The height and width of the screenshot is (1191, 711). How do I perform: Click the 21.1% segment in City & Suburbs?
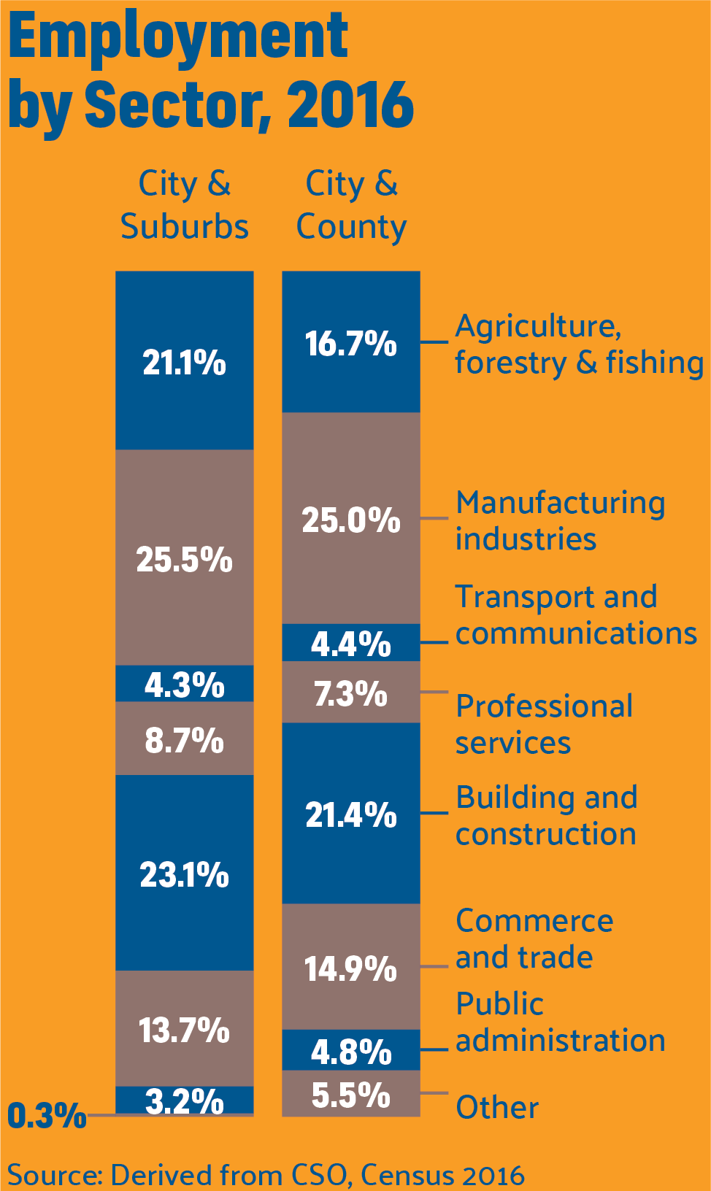click(185, 361)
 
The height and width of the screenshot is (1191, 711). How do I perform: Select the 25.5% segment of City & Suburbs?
click(185, 558)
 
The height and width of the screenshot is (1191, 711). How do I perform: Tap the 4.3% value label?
click(185, 685)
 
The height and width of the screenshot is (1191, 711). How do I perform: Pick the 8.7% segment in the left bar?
click(185, 739)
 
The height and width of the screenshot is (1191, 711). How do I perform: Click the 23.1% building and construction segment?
click(185, 874)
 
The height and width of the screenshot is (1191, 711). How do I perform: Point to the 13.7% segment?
click(185, 1029)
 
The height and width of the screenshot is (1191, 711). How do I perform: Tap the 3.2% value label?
click(185, 1101)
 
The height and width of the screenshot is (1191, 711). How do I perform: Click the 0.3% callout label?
click(47, 1115)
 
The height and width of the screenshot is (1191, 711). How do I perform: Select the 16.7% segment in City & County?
click(351, 343)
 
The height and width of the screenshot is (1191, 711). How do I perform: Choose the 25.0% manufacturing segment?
click(351, 519)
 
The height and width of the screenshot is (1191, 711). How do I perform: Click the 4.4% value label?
click(351, 644)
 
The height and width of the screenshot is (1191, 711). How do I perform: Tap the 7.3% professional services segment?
click(351, 693)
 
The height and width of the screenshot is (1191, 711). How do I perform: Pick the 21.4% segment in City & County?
click(351, 814)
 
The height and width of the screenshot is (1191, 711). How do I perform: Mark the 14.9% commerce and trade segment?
click(351, 968)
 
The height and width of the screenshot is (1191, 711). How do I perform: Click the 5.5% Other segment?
click(351, 1094)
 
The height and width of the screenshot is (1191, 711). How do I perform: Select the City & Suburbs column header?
click(185, 204)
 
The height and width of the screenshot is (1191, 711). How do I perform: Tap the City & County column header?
click(351, 204)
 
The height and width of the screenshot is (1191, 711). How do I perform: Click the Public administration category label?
click(560, 1022)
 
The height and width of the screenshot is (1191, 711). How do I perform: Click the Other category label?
click(497, 1107)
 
